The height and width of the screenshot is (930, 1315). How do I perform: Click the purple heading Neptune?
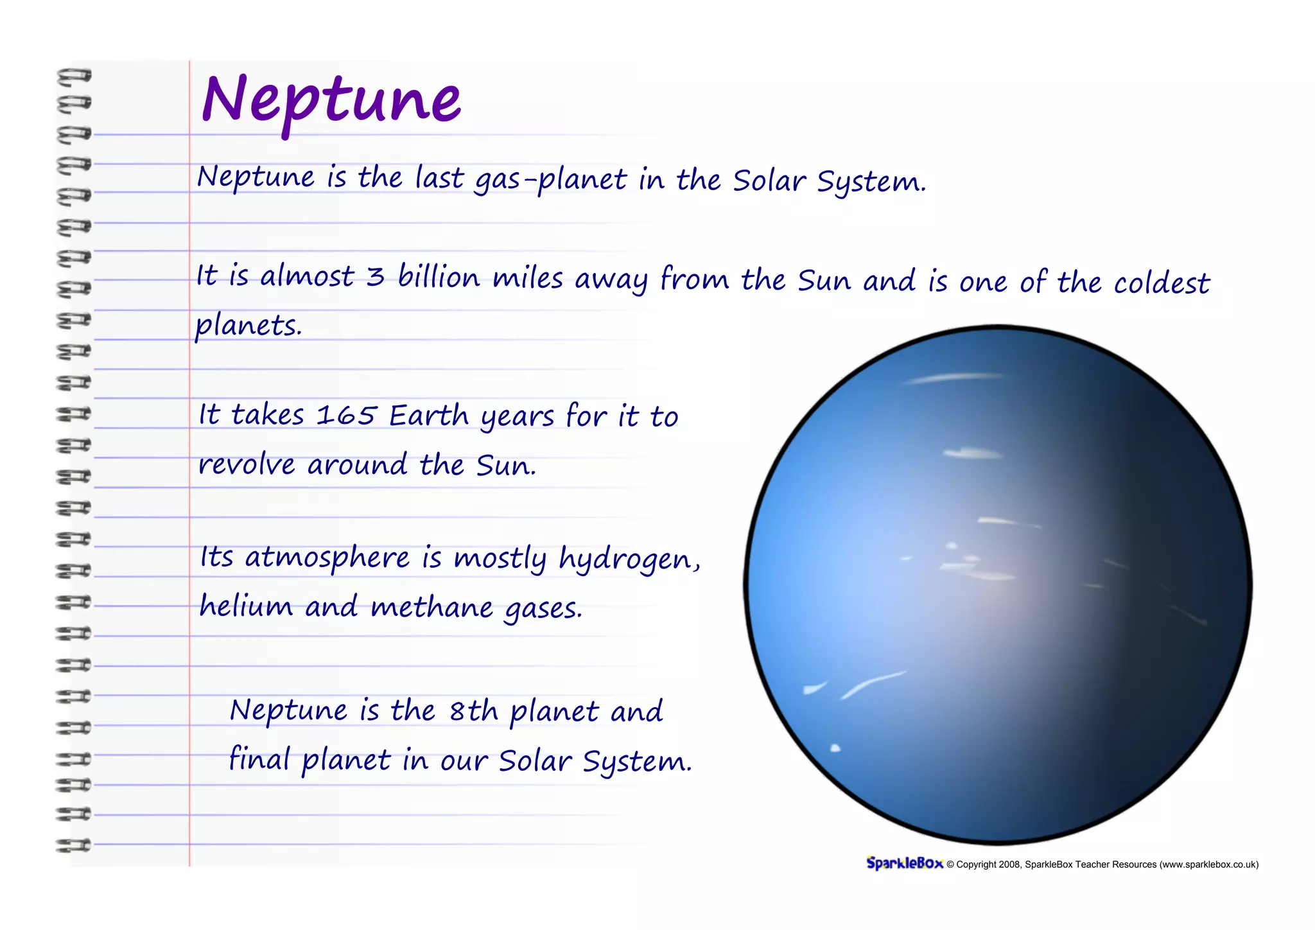point(331,100)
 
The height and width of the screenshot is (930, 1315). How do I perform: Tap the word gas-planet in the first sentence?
point(550,180)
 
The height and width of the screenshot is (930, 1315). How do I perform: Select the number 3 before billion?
point(375,277)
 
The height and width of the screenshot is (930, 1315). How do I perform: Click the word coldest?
point(1162,283)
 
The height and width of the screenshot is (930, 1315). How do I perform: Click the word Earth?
point(429,416)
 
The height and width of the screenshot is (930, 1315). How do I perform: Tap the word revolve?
point(247,464)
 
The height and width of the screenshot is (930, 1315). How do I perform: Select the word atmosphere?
point(327,557)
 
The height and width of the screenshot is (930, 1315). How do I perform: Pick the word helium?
point(246,606)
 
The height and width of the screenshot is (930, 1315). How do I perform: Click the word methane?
point(432,607)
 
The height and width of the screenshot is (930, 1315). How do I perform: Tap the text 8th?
point(473,711)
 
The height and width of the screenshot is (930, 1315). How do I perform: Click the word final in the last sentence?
point(259,759)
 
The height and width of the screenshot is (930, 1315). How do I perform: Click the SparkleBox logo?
point(904,863)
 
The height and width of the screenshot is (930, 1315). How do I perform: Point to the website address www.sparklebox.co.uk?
point(1208,864)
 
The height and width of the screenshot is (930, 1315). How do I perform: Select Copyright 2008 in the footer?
point(988,864)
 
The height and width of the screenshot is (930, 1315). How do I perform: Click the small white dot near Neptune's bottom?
point(835,748)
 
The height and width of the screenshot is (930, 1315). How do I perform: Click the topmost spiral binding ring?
point(74,76)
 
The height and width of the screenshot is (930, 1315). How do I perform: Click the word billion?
point(439,277)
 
